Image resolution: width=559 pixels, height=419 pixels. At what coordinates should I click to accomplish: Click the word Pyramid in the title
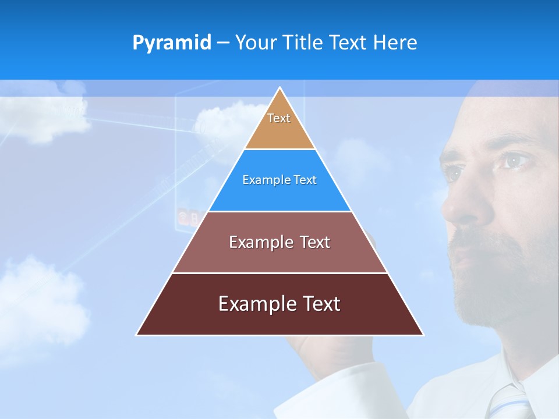[172, 43]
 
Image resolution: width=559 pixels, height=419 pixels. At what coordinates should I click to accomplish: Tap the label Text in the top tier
[279, 118]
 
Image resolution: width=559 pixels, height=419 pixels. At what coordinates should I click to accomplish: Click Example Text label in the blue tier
[279, 180]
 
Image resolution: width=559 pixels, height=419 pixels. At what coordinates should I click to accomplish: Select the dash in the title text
[223, 43]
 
